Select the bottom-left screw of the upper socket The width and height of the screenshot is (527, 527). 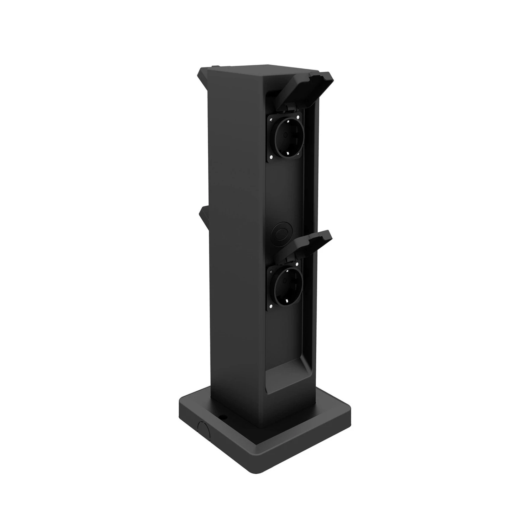pyautogui.click(x=272, y=157)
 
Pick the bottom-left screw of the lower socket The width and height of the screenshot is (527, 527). pyautogui.click(x=272, y=306)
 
